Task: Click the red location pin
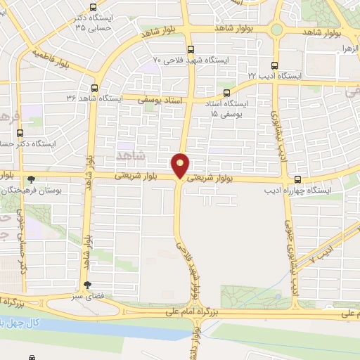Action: [181, 165]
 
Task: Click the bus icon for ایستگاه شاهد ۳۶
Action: [95, 88]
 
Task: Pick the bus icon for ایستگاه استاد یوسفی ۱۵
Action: [226, 92]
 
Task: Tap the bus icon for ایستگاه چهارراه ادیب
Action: [298, 179]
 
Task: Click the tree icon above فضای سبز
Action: [87, 285]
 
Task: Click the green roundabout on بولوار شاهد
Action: [277, 30]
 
